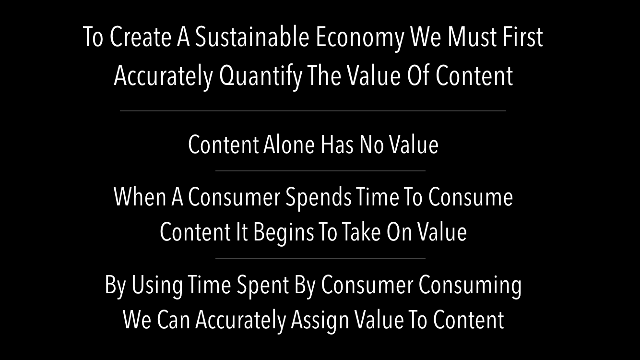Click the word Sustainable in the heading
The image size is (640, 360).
coord(252,37)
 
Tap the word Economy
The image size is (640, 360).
coord(360,39)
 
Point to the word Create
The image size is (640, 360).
coord(140,37)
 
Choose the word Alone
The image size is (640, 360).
coord(289,144)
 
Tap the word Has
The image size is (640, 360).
coord(337,144)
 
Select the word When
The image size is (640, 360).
coord(140,197)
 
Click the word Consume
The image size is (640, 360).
coord(470,197)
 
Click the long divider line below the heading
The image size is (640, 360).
coord(313,111)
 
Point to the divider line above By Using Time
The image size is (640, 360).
coord(320,259)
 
